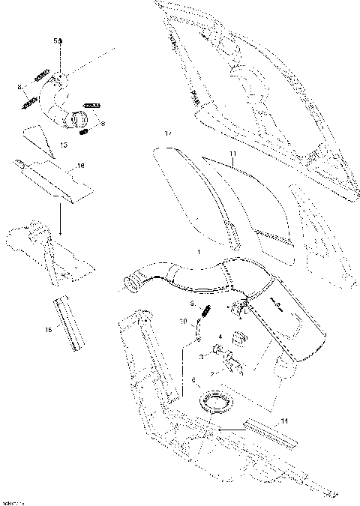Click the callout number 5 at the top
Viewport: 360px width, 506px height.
54,38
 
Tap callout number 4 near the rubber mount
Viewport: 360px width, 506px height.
219,337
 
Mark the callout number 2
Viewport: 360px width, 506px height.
213,373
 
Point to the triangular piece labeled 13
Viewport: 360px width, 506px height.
36,137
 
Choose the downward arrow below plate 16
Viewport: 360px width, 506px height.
59,214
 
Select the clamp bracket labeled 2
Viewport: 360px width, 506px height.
230,365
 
